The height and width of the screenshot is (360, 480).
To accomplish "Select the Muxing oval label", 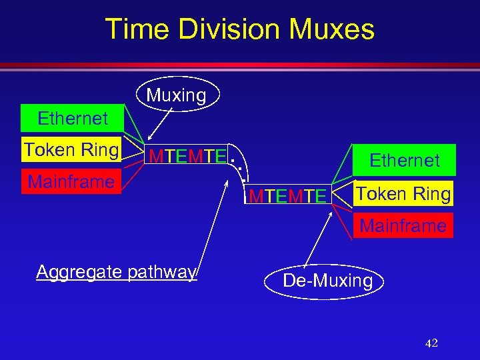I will coord(176,96).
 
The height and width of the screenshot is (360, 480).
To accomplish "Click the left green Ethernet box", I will coord(73,119).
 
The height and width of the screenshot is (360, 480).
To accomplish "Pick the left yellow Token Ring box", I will coord(71,150).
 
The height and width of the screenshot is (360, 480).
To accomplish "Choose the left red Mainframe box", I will coord(71,181).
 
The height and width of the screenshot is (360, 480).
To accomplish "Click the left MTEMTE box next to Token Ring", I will coord(187,157).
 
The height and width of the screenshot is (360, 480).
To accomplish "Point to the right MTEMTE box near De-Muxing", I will coord(287,196).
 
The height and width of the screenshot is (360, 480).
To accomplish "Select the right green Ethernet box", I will coord(405,161).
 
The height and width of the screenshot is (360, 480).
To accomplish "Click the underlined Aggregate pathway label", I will coord(117,272).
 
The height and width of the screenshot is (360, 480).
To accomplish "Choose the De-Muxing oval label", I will coord(327,281).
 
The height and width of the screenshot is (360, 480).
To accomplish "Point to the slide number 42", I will coord(431,343).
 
